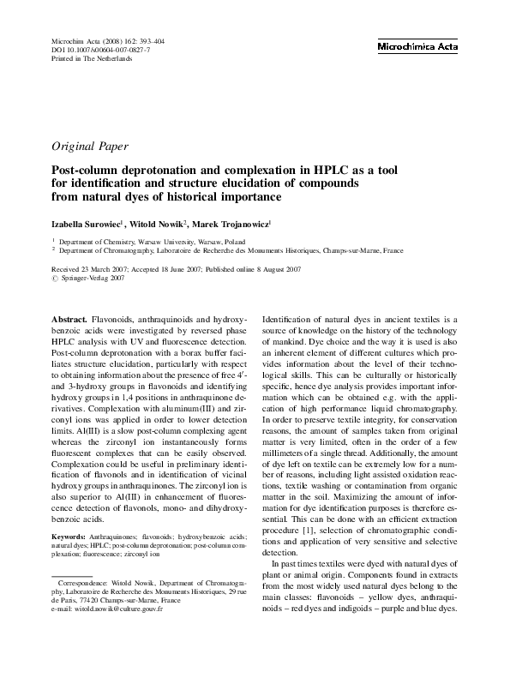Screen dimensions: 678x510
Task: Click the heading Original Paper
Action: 93,146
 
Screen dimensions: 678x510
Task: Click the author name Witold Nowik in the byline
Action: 158,224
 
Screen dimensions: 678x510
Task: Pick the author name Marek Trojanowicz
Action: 231,224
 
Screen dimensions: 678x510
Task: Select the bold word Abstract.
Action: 69,318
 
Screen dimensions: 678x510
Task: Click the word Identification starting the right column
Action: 291,318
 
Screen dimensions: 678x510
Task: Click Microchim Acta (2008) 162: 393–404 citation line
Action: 104,41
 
